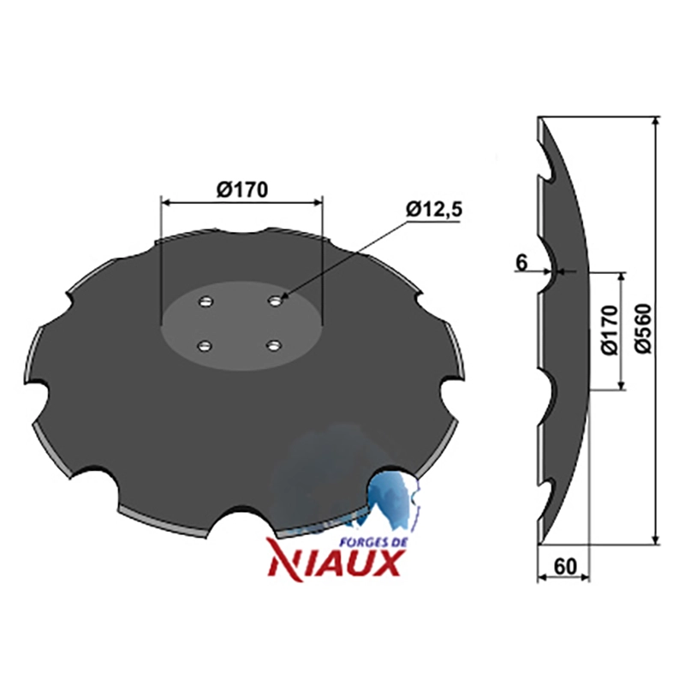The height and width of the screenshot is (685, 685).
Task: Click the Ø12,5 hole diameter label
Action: click(x=434, y=210)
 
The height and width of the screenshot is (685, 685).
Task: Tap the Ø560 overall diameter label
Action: click(x=644, y=329)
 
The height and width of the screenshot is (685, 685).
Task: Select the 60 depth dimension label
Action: click(x=565, y=567)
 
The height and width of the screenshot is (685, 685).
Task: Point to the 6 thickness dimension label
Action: click(x=521, y=263)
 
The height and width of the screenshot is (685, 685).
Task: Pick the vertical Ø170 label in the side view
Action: click(x=610, y=331)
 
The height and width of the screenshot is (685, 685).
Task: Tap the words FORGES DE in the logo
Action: click(x=373, y=542)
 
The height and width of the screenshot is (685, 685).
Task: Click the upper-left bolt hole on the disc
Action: click(x=205, y=301)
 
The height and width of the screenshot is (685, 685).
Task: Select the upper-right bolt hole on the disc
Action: click(x=275, y=301)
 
